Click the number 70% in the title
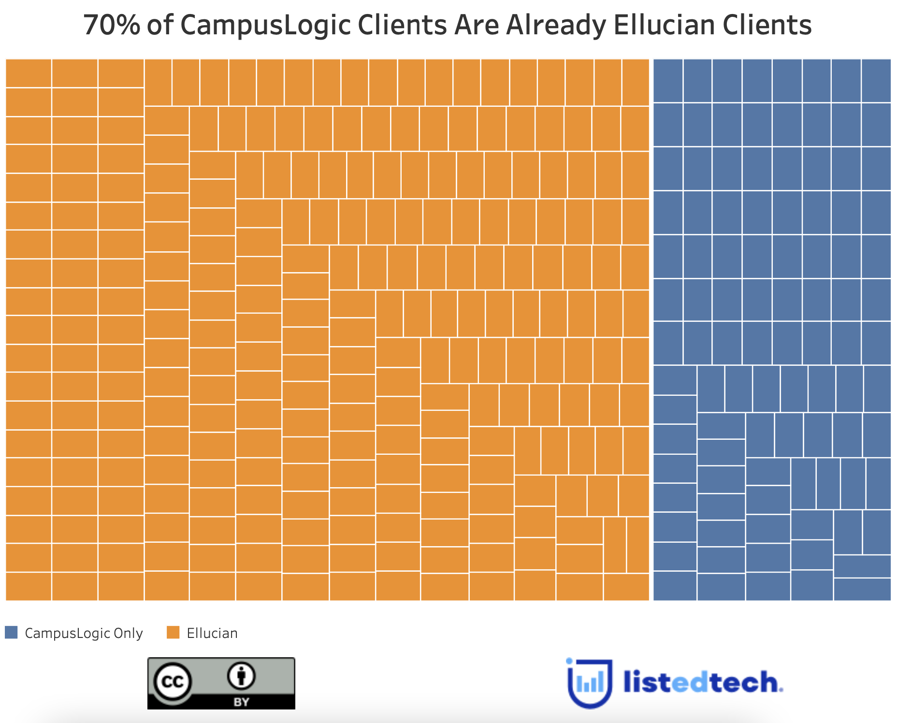coord(112,25)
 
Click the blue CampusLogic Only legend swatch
coord(11,632)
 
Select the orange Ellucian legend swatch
coord(173,632)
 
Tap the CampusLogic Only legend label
coord(84,633)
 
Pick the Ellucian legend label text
coord(212,633)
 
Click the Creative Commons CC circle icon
coord(173,682)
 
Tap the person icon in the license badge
coord(241,676)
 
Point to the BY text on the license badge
coord(241,702)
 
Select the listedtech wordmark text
coord(703,682)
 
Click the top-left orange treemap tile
coord(29,73)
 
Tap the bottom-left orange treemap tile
coord(29,586)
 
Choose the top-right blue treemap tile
coord(876,81)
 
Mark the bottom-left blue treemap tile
coord(675,586)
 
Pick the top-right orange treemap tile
coord(635,82)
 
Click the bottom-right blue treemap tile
coord(862,589)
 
